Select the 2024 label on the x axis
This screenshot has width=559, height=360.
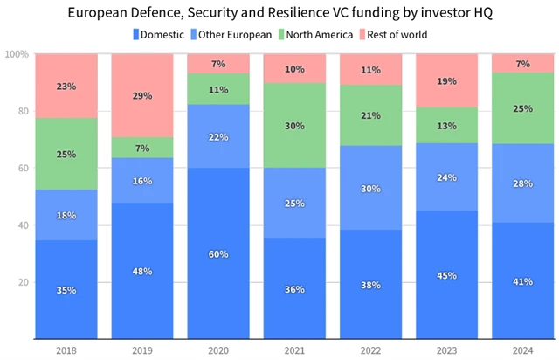click(523, 350)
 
